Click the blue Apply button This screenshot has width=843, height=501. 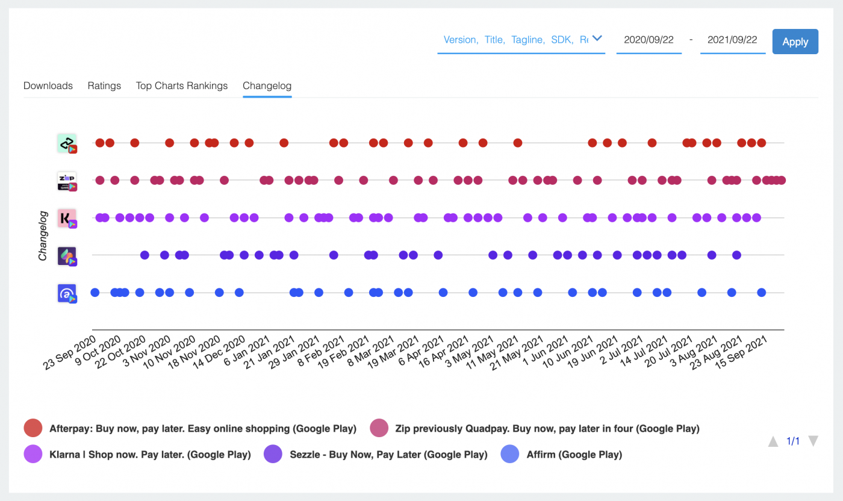pyautogui.click(x=795, y=42)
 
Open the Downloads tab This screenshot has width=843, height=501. pyautogui.click(x=48, y=86)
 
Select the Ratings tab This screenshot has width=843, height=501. pyautogui.click(x=104, y=86)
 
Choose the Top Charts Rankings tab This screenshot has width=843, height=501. pyautogui.click(x=182, y=86)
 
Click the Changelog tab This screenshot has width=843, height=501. pyautogui.click(x=267, y=86)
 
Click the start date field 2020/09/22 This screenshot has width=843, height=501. pyautogui.click(x=649, y=40)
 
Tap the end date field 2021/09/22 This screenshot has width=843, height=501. pyautogui.click(x=732, y=40)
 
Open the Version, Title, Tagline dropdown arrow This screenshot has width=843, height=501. pyautogui.click(x=597, y=39)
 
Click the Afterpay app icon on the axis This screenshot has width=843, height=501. pyautogui.click(x=67, y=143)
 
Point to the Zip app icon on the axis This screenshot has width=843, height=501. pyautogui.click(x=67, y=181)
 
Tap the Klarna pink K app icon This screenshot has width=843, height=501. pyautogui.click(x=67, y=218)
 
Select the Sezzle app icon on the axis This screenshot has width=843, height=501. pyautogui.click(x=67, y=255)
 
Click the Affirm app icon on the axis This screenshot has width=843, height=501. pyautogui.click(x=67, y=293)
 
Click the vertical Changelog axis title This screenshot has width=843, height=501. pyautogui.click(x=43, y=235)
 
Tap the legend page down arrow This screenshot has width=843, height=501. pyautogui.click(x=813, y=441)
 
